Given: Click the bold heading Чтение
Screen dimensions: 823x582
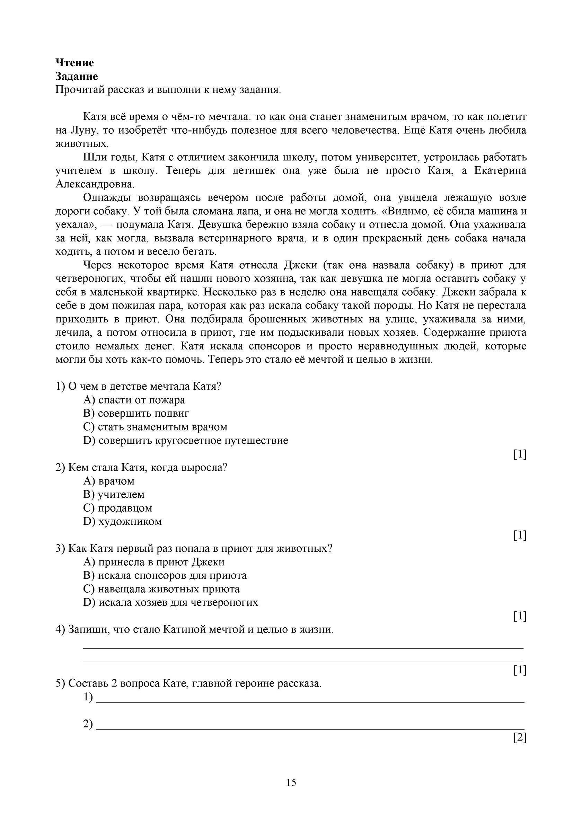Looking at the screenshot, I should pos(74,63).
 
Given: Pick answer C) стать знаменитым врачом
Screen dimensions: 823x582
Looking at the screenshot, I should pos(155,427).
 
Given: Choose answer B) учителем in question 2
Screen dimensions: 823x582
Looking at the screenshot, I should pos(114,494).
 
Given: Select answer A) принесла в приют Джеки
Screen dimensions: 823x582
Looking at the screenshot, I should pos(154,562).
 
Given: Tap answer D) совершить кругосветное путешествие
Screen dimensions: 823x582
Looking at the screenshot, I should pos(186,440).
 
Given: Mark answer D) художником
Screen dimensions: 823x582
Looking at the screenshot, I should pos(122,521).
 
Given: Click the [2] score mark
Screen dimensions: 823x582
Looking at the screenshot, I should pos(520,737).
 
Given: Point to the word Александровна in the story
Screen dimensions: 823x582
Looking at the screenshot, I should pos(95,184).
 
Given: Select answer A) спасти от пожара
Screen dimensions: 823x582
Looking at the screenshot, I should pos(134,400).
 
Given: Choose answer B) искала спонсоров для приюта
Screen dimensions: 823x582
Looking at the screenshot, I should pos(165,575).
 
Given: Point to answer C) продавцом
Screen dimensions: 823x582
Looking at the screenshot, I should pos(118,508).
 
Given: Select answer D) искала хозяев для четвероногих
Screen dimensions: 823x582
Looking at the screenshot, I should pos(171,602).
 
